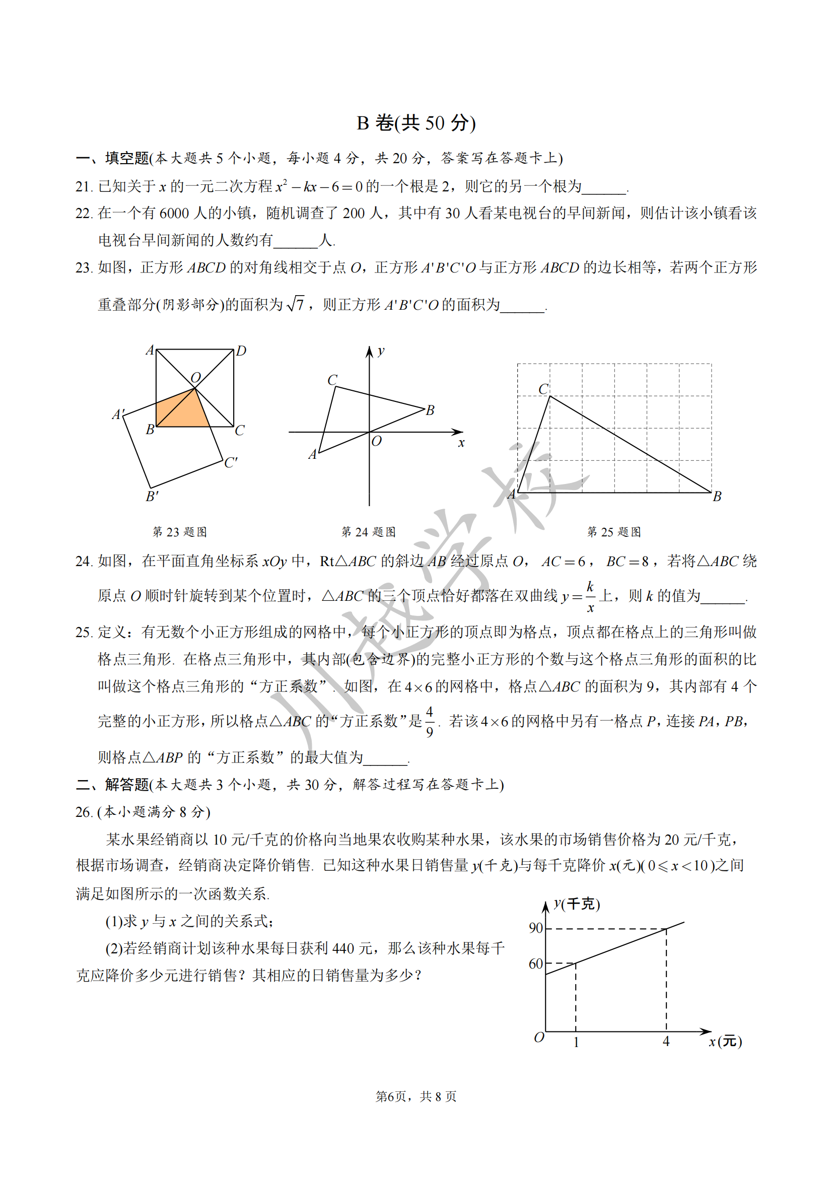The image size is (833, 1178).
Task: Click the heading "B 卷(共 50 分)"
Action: click(x=416, y=123)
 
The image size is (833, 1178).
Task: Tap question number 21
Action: click(x=84, y=186)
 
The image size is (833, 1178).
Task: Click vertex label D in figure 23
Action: click(x=241, y=351)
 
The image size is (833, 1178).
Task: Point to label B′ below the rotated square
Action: click(x=152, y=496)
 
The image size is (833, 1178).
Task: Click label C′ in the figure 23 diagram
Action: click(x=231, y=462)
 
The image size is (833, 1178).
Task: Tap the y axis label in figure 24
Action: click(x=381, y=351)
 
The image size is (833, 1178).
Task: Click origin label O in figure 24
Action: click(x=377, y=441)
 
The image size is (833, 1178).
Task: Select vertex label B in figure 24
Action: click(x=430, y=410)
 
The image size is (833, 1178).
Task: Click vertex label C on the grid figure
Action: click(x=543, y=389)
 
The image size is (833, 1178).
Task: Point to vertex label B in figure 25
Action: click(x=717, y=496)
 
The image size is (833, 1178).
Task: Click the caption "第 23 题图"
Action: click(x=179, y=532)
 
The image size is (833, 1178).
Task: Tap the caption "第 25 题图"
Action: click(x=614, y=532)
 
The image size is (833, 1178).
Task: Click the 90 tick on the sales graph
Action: click(x=535, y=928)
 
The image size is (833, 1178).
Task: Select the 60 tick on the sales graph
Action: click(x=535, y=963)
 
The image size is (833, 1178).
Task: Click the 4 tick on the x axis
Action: click(x=666, y=1041)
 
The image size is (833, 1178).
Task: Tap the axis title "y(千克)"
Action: click(x=577, y=904)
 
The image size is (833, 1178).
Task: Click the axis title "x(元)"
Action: click(x=725, y=1041)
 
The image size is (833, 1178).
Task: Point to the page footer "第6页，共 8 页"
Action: click(x=416, y=1096)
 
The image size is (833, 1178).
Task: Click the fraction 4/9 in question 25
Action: click(x=429, y=721)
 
